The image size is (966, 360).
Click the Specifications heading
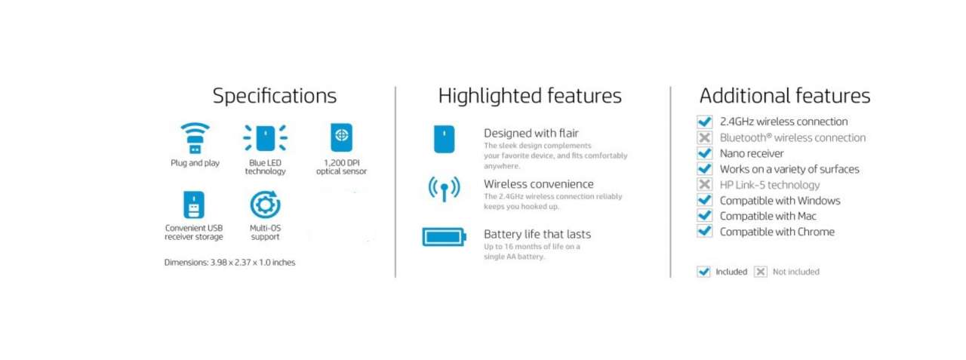[x=274, y=96]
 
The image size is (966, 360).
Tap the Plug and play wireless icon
[x=195, y=138]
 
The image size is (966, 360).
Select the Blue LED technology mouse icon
[x=265, y=138]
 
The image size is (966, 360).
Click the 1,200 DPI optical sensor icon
[x=342, y=137]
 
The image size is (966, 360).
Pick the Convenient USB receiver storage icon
[x=194, y=205]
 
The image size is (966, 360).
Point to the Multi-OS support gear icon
[x=265, y=205]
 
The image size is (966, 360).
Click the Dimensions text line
[x=230, y=262]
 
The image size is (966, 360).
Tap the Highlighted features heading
[x=530, y=96]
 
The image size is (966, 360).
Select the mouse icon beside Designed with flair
[x=445, y=140]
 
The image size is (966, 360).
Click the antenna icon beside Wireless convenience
[x=445, y=189]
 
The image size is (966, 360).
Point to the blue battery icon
[x=445, y=237]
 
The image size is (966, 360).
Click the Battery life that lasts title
[x=537, y=234]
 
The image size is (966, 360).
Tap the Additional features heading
[x=785, y=96]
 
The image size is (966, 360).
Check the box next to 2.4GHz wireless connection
[x=705, y=122]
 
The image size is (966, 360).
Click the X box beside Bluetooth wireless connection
[x=705, y=137]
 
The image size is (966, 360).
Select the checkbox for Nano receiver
[x=705, y=153]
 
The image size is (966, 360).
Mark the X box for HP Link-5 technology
[x=705, y=184]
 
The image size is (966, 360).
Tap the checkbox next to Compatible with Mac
[x=705, y=216]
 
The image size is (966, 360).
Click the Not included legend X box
[x=761, y=272]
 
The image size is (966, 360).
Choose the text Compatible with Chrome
[x=777, y=232]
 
